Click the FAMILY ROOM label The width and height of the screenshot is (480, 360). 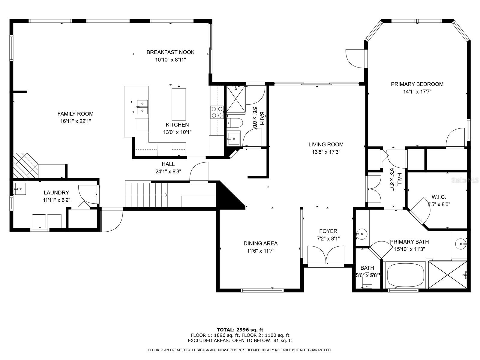pos(75,114)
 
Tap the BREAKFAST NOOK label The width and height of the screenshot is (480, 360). pos(170,52)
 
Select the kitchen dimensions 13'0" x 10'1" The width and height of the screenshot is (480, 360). pos(177,132)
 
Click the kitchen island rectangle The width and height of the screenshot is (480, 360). pos(179,104)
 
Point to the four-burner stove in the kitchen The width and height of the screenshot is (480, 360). pos(217,112)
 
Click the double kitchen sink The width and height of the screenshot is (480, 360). pos(142,107)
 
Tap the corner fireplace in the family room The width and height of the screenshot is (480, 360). pos(25,166)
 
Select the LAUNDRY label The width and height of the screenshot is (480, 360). pos(56,193)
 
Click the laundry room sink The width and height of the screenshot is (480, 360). pos(20,189)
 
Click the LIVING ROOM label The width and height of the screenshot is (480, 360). pos(326,145)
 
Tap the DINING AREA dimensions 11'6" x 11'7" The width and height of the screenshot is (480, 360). pos(261,251)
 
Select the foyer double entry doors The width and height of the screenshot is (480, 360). pos(325,255)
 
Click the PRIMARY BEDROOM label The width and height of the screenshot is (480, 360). pos(417,84)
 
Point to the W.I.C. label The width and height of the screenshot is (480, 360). pos(439,197)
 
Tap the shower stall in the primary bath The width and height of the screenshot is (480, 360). pos(447,275)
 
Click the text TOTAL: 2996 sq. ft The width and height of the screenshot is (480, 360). pos(240,330)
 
